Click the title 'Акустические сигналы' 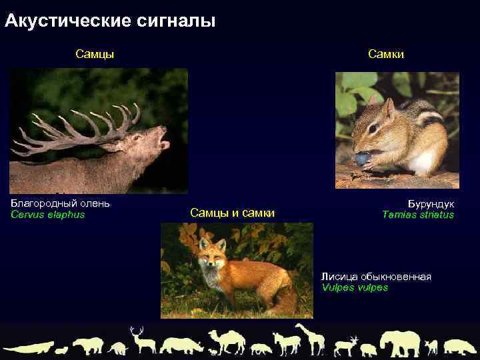[110, 21]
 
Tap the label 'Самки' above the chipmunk [386, 54]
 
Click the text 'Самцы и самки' [232, 213]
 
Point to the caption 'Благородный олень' [61, 203]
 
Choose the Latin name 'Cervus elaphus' [48, 215]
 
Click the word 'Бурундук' [431, 203]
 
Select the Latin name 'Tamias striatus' [418, 215]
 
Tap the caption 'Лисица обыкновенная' [376, 277]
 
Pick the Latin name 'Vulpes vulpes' [354, 288]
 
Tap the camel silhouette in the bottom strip [227, 342]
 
